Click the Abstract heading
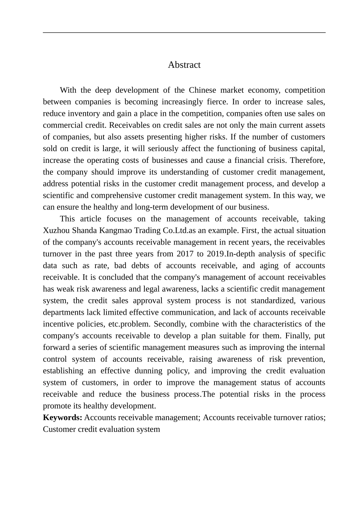[184, 65]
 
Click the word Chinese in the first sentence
[203, 90]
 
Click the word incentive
[58, 324]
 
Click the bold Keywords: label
[63, 418]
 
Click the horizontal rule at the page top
[184, 33]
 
